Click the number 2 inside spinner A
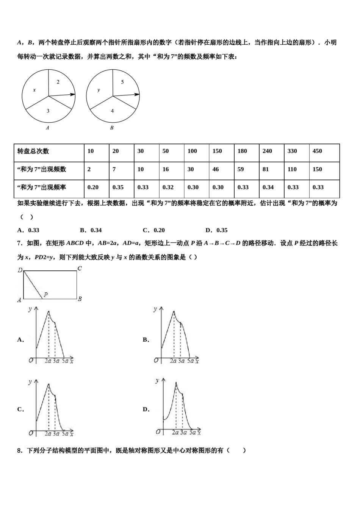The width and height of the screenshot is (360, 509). click(x=58, y=82)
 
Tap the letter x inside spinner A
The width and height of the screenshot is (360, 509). click(x=34, y=90)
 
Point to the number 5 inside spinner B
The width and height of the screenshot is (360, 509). click(x=122, y=82)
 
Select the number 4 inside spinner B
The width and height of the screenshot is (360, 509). click(x=112, y=111)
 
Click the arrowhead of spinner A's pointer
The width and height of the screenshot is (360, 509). click(x=73, y=94)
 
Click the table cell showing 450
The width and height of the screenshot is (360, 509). click(x=317, y=151)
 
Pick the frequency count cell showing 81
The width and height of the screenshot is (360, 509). click(x=266, y=169)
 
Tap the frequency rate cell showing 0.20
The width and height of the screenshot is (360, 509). click(x=93, y=187)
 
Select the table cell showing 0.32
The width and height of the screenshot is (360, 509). click(x=168, y=187)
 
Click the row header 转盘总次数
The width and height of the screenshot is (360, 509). click(x=33, y=151)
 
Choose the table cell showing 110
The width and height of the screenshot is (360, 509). click(x=292, y=169)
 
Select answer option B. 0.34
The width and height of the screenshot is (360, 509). click(x=91, y=230)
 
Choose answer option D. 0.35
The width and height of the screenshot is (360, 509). click(x=216, y=230)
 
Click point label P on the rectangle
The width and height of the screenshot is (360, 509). click(x=45, y=295)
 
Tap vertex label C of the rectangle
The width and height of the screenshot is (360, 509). click(x=79, y=269)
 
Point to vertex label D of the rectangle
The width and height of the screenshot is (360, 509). click(x=20, y=270)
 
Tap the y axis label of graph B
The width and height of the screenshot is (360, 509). click(x=155, y=309)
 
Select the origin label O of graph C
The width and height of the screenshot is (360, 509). click(x=31, y=433)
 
